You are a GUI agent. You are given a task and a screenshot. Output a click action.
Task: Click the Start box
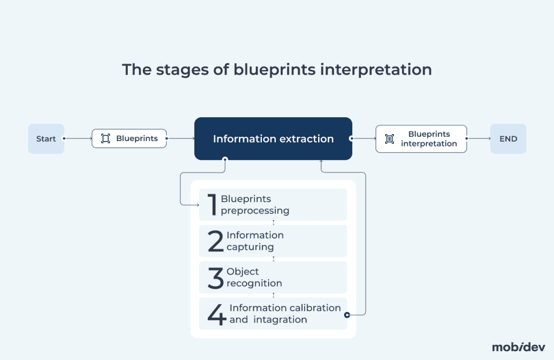[x=46, y=139]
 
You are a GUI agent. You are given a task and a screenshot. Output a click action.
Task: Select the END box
[x=508, y=139]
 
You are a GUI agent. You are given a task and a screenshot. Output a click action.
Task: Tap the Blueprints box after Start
[x=129, y=139]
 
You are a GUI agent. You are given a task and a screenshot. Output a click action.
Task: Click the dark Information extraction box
[x=273, y=139]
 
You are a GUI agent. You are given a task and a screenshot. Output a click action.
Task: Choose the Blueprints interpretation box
[x=421, y=139]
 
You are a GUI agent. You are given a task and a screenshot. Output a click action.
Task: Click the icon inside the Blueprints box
[x=105, y=139]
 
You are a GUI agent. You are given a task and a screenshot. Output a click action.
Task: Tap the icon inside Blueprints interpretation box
[x=390, y=139]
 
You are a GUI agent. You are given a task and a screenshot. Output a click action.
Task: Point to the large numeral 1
[x=212, y=204]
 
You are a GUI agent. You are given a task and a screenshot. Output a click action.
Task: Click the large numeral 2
[x=215, y=241]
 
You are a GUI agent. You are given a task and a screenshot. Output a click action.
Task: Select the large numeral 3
[x=215, y=277]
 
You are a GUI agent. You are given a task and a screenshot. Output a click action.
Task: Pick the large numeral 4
[x=216, y=314]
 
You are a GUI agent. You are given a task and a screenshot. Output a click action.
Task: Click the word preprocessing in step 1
[x=255, y=211]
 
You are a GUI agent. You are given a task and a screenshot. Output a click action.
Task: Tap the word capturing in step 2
[x=250, y=247]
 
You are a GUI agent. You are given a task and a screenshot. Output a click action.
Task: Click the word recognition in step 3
[x=254, y=283]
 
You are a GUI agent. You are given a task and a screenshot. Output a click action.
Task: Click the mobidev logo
[x=518, y=347]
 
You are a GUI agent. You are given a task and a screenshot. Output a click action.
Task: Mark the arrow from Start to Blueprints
[x=78, y=138]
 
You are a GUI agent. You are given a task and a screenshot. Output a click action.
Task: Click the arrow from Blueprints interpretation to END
[x=478, y=138]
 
